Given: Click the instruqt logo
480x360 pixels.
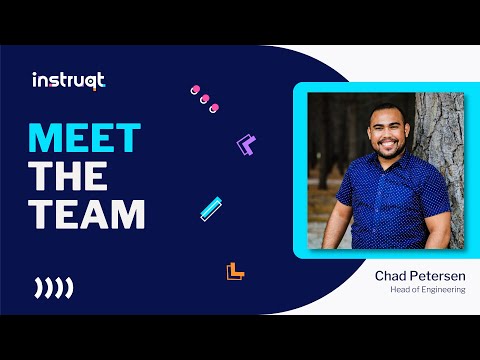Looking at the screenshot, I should click(68, 80).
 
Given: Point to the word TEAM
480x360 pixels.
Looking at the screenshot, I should click(88, 214).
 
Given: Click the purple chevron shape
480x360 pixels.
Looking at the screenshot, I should click(245, 144).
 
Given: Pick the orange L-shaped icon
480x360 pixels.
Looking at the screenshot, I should click(235, 270).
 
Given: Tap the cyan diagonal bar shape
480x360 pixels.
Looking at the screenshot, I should click(211, 207).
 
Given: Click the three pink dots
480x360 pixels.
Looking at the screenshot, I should click(203, 98).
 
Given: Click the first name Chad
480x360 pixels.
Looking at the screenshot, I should click(391, 274).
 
